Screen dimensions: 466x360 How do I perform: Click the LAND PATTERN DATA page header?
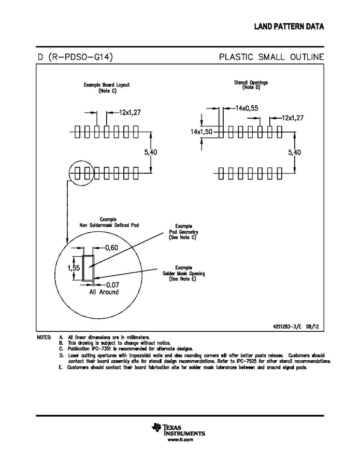click(289, 26)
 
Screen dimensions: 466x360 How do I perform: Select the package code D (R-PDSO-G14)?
click(75, 57)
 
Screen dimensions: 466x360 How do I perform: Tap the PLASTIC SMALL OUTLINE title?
click(271, 57)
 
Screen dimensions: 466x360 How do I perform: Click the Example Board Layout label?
click(107, 87)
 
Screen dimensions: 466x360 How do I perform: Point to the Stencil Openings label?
click(251, 84)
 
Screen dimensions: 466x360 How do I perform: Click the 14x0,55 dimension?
click(247, 108)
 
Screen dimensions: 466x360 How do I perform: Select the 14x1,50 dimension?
click(201, 132)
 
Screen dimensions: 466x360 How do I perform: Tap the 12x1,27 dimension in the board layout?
click(129, 112)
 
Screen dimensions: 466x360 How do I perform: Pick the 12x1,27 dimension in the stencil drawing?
click(293, 118)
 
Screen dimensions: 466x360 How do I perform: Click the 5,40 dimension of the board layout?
click(150, 152)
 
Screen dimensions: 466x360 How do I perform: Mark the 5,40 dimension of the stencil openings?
click(294, 152)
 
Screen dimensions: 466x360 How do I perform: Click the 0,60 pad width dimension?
click(111, 248)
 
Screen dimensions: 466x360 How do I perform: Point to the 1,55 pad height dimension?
click(73, 268)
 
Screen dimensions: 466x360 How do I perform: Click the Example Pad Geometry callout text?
click(184, 232)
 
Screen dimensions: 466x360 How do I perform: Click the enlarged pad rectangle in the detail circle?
click(88, 267)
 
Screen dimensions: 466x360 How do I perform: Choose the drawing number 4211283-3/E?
click(290, 327)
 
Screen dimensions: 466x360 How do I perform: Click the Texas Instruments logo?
click(179, 430)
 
